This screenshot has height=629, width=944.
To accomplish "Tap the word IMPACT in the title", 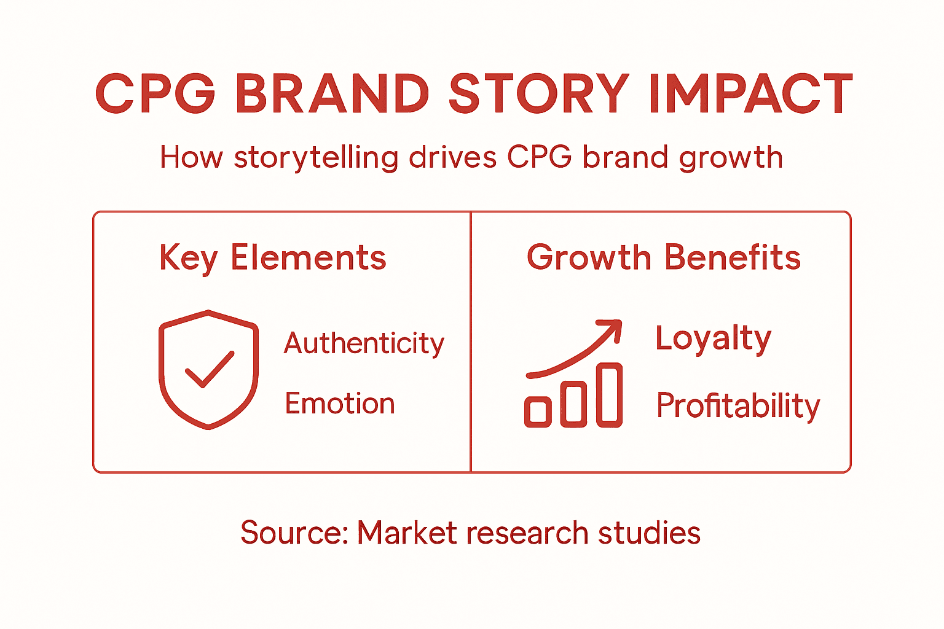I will (x=750, y=94).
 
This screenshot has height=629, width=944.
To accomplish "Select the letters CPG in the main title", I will (x=155, y=94).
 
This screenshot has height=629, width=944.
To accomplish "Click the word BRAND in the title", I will (x=332, y=94).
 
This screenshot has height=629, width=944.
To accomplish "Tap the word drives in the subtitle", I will (x=452, y=157).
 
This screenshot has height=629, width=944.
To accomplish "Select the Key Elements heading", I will (x=272, y=258).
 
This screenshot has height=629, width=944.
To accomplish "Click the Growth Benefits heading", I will (x=664, y=257).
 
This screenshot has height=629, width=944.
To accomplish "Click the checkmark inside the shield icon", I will (x=209, y=370).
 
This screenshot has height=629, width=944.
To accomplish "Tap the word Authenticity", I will (x=364, y=343).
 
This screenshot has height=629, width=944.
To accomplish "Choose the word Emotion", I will (x=339, y=404).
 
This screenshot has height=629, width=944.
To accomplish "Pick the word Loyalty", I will (x=713, y=338).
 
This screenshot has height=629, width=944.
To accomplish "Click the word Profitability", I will (x=738, y=406).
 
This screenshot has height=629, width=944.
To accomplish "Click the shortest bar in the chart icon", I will (x=538, y=412).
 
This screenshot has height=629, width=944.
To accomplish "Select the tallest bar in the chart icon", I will (x=609, y=395).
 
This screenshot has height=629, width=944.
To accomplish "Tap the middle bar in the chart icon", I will (x=573, y=404).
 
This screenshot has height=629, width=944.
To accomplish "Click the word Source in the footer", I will (x=293, y=533).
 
